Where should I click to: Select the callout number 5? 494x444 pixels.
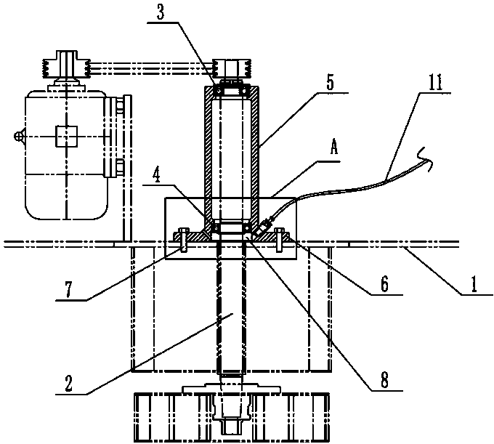[x=331, y=81]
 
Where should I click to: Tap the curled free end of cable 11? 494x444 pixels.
[x=427, y=155]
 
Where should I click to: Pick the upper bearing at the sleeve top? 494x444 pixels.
[x=232, y=92]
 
